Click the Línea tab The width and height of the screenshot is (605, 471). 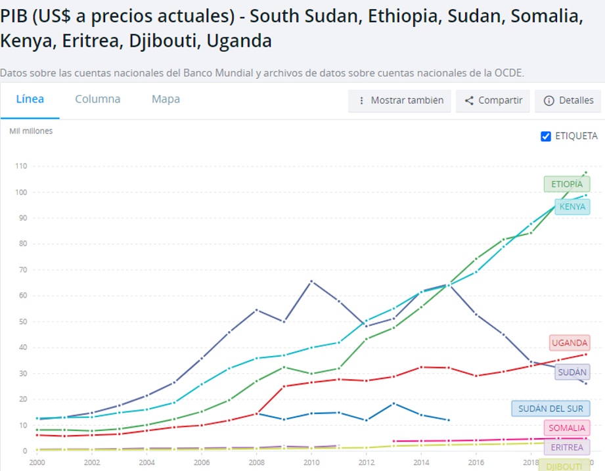(30, 100)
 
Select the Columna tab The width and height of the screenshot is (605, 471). (98, 100)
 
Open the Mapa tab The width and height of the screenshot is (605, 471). (166, 100)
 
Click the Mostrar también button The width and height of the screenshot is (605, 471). (399, 101)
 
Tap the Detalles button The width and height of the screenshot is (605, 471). (568, 101)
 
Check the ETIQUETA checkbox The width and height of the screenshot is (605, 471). (546, 137)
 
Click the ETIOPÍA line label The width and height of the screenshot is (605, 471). (566, 185)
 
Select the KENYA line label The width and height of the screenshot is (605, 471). (571, 207)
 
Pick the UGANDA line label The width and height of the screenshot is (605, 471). (569, 343)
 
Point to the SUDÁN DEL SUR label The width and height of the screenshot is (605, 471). (550, 409)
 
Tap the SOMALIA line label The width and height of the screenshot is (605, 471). (566, 428)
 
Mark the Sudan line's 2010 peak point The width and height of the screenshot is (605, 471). (311, 281)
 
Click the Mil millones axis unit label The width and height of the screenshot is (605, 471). (31, 131)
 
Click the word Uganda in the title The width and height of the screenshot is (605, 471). (239, 41)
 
